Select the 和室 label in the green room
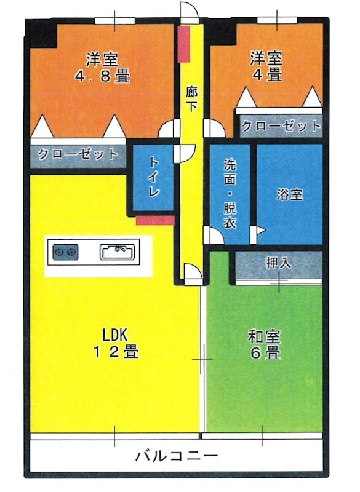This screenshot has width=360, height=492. point(264,336)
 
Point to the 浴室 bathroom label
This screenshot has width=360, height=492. point(289,194)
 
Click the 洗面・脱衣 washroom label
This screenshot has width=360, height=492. point(230,194)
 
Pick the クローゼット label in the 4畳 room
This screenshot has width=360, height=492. point(281,127)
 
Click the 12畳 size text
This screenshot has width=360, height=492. point(114,353)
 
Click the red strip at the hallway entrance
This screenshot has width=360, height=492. point(184,44)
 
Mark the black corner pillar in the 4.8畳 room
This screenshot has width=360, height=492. point(43,34)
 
